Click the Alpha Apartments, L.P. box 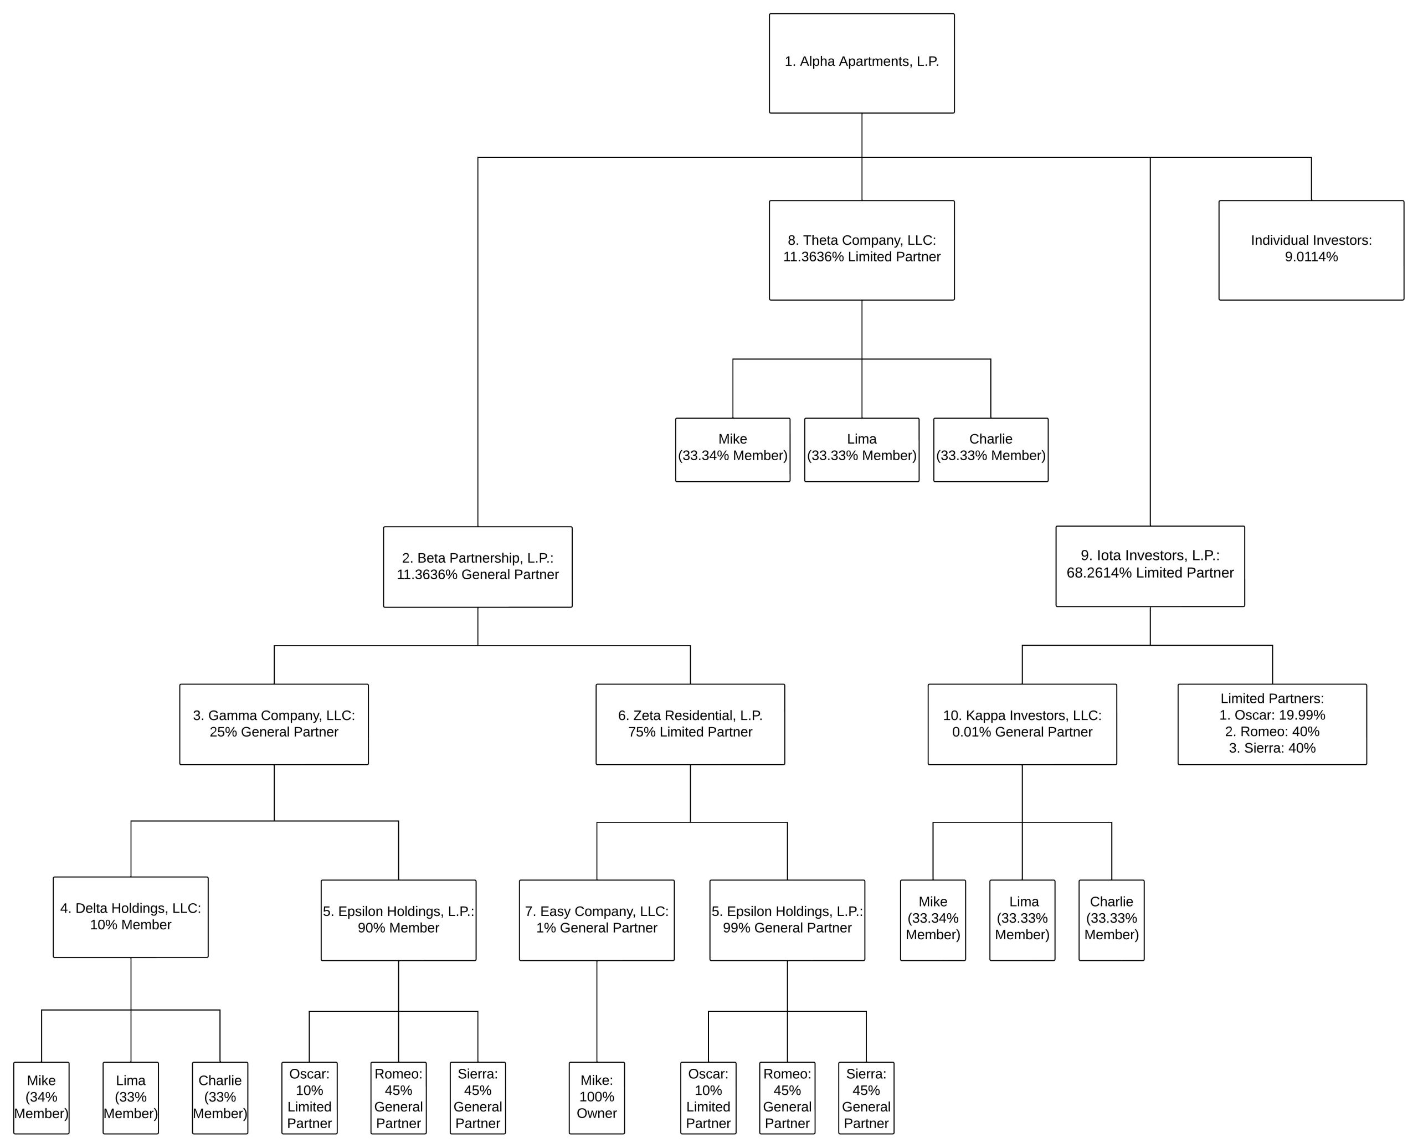point(861,63)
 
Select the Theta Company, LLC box point(861,250)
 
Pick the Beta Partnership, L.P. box point(477,567)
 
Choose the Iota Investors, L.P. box point(1149,566)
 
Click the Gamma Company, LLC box point(274,724)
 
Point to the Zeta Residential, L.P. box point(690,724)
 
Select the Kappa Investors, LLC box point(1022,724)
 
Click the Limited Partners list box point(1271,724)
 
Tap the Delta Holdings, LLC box point(130,917)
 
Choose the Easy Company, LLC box point(597,920)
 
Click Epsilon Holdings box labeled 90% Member point(398,920)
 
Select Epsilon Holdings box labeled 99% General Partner point(787,920)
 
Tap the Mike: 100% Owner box point(597,1098)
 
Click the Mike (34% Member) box point(41,1098)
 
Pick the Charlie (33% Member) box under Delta point(219,1098)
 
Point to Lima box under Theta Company point(861,450)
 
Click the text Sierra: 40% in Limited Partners point(1272,748)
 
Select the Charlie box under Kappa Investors point(1111,920)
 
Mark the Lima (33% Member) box point(130,1098)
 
